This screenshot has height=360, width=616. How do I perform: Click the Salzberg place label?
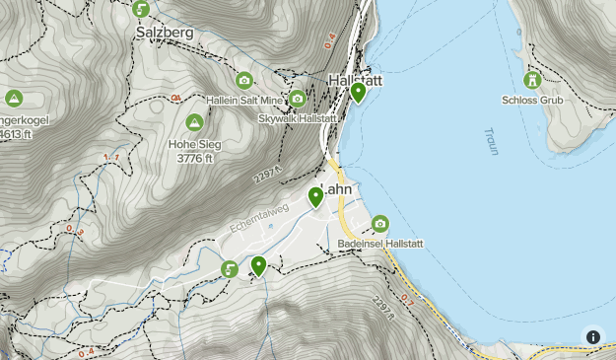164,32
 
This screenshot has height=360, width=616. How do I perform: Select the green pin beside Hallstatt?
358,93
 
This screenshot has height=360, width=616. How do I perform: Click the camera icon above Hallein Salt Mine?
244,81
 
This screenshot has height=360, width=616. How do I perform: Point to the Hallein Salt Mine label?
244,100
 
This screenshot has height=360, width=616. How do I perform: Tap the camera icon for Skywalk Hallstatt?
297,99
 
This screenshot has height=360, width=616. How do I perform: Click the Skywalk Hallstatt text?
297,117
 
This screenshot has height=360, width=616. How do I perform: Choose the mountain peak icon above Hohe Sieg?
194,122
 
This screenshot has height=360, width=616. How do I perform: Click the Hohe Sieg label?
194,144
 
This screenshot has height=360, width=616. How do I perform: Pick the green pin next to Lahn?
315,196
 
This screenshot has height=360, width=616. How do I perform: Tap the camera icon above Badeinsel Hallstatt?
380,224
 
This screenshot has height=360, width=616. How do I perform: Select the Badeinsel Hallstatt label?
379,243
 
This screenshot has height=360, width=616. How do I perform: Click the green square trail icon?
230,269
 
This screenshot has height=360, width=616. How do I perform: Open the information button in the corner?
593,336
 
